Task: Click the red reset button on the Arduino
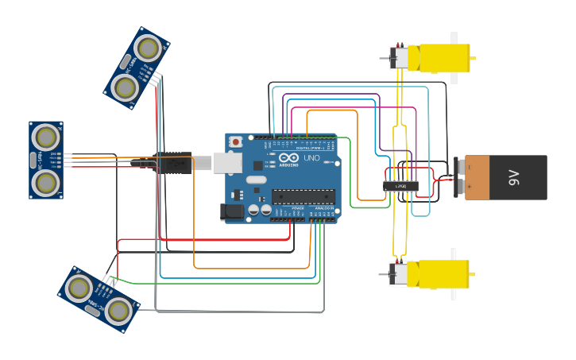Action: (235, 141)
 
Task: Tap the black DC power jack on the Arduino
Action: (233, 211)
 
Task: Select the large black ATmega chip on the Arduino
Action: (303, 196)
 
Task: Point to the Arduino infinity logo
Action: (288, 158)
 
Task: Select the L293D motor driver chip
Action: (400, 186)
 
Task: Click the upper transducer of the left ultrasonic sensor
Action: (45, 137)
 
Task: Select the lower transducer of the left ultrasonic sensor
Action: (45, 183)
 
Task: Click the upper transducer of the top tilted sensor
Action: (147, 48)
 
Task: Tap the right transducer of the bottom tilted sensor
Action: (118, 312)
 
